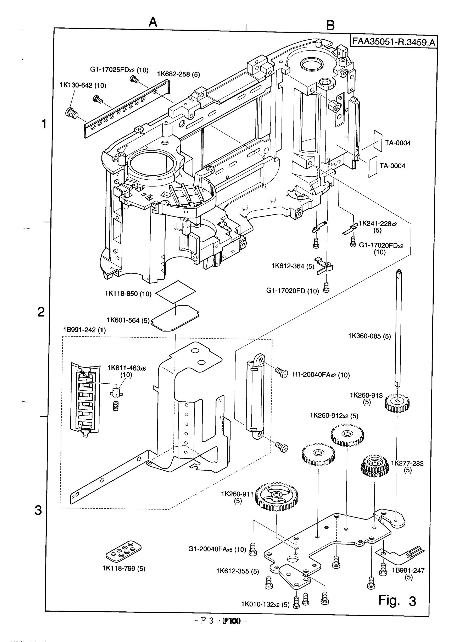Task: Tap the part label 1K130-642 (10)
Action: [83, 85]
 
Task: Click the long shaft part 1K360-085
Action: [398, 328]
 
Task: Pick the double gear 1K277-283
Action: [374, 465]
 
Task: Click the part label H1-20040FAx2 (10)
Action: [321, 375]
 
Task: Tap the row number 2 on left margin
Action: [41, 312]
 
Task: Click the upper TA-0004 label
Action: [398, 143]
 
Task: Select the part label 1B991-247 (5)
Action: [408, 573]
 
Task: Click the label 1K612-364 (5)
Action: [293, 266]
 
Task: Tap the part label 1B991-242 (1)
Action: [85, 330]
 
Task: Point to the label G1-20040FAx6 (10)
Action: [217, 549]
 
